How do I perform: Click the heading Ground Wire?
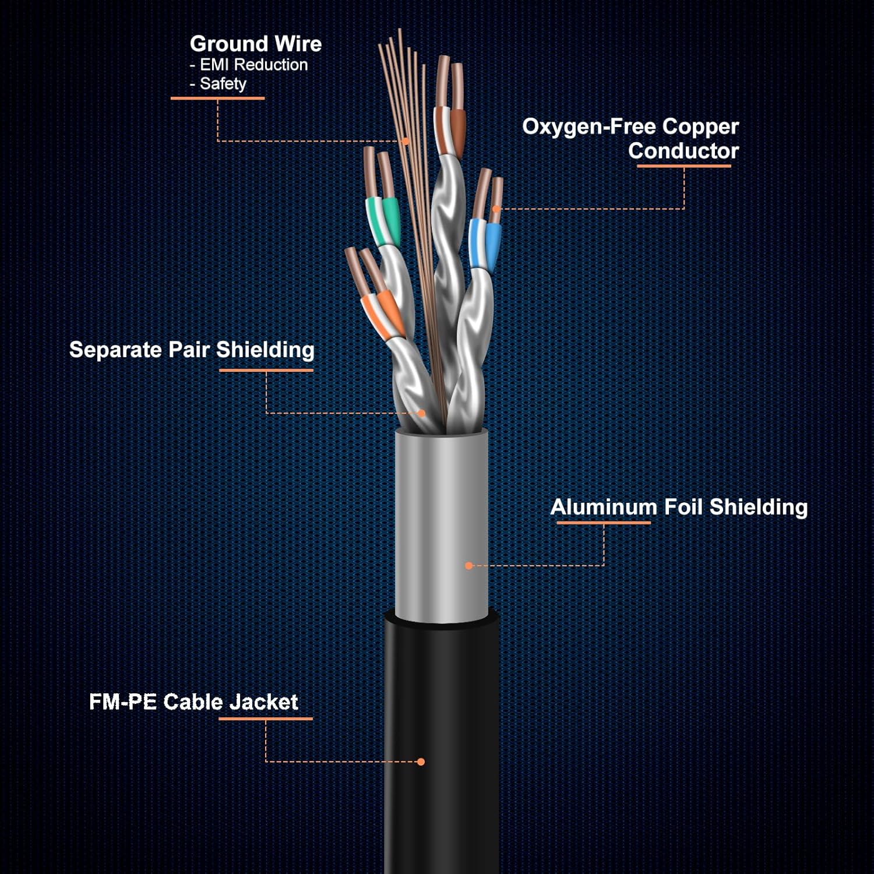coord(255,44)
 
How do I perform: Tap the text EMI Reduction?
coord(253,65)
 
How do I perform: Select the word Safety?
coord(223,84)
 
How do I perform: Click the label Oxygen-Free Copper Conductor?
coord(630,139)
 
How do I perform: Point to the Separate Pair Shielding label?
coord(192,350)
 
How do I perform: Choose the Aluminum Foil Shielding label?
coord(679,507)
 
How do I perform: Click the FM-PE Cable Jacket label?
coord(193,702)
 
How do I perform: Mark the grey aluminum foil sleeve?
coord(441,524)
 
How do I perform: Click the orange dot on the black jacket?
coord(421,762)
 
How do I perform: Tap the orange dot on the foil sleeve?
coord(468,565)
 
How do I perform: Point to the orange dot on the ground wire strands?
coord(406,141)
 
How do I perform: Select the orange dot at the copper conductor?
coord(496,209)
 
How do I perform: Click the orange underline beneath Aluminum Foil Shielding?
coord(604,523)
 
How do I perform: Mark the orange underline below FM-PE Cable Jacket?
coord(266,718)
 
